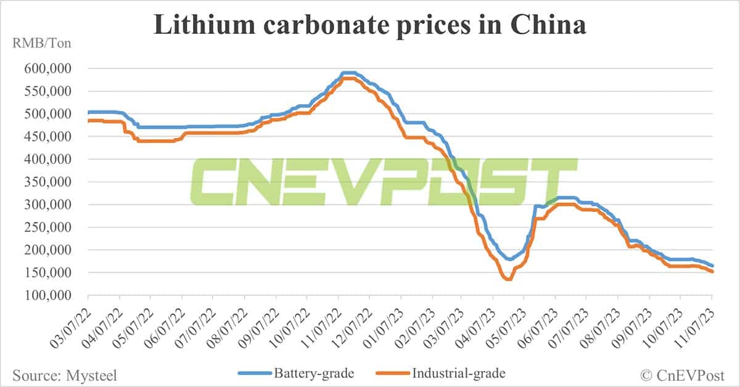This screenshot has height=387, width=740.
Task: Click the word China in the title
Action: (551, 25)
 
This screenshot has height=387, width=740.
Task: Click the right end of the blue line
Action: (712, 265)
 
